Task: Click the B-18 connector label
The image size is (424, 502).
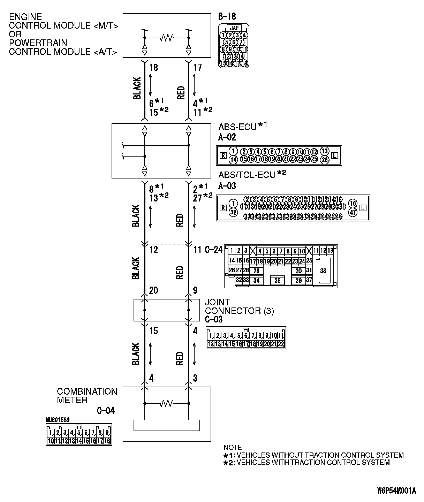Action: pyautogui.click(x=227, y=16)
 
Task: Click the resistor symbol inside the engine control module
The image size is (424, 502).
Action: pyautogui.click(x=167, y=38)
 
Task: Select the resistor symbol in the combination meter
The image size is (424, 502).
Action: pyautogui.click(x=167, y=404)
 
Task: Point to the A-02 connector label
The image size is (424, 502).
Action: pyautogui.click(x=227, y=137)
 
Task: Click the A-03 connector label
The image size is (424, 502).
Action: pyautogui.click(x=227, y=186)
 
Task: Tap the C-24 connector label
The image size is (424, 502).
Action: pyautogui.click(x=213, y=250)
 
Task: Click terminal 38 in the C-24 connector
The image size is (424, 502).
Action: pyautogui.click(x=323, y=271)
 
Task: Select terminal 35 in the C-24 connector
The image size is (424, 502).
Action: pyautogui.click(x=277, y=280)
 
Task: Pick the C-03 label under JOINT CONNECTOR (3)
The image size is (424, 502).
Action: pyautogui.click(x=214, y=319)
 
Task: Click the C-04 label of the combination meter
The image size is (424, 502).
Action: pyautogui.click(x=106, y=411)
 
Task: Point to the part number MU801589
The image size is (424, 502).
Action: pyautogui.click(x=57, y=420)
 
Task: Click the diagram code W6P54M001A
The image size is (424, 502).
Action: pyautogui.click(x=396, y=491)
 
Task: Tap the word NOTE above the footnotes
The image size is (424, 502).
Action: pyautogui.click(x=233, y=447)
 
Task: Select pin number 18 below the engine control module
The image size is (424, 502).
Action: pyautogui.click(x=153, y=67)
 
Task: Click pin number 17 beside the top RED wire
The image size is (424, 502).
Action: pyautogui.click(x=197, y=67)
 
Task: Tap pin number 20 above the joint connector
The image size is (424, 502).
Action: pyautogui.click(x=153, y=290)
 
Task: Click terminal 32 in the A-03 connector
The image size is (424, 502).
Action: pyautogui.click(x=234, y=212)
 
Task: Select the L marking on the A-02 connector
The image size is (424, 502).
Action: pyautogui.click(x=335, y=155)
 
